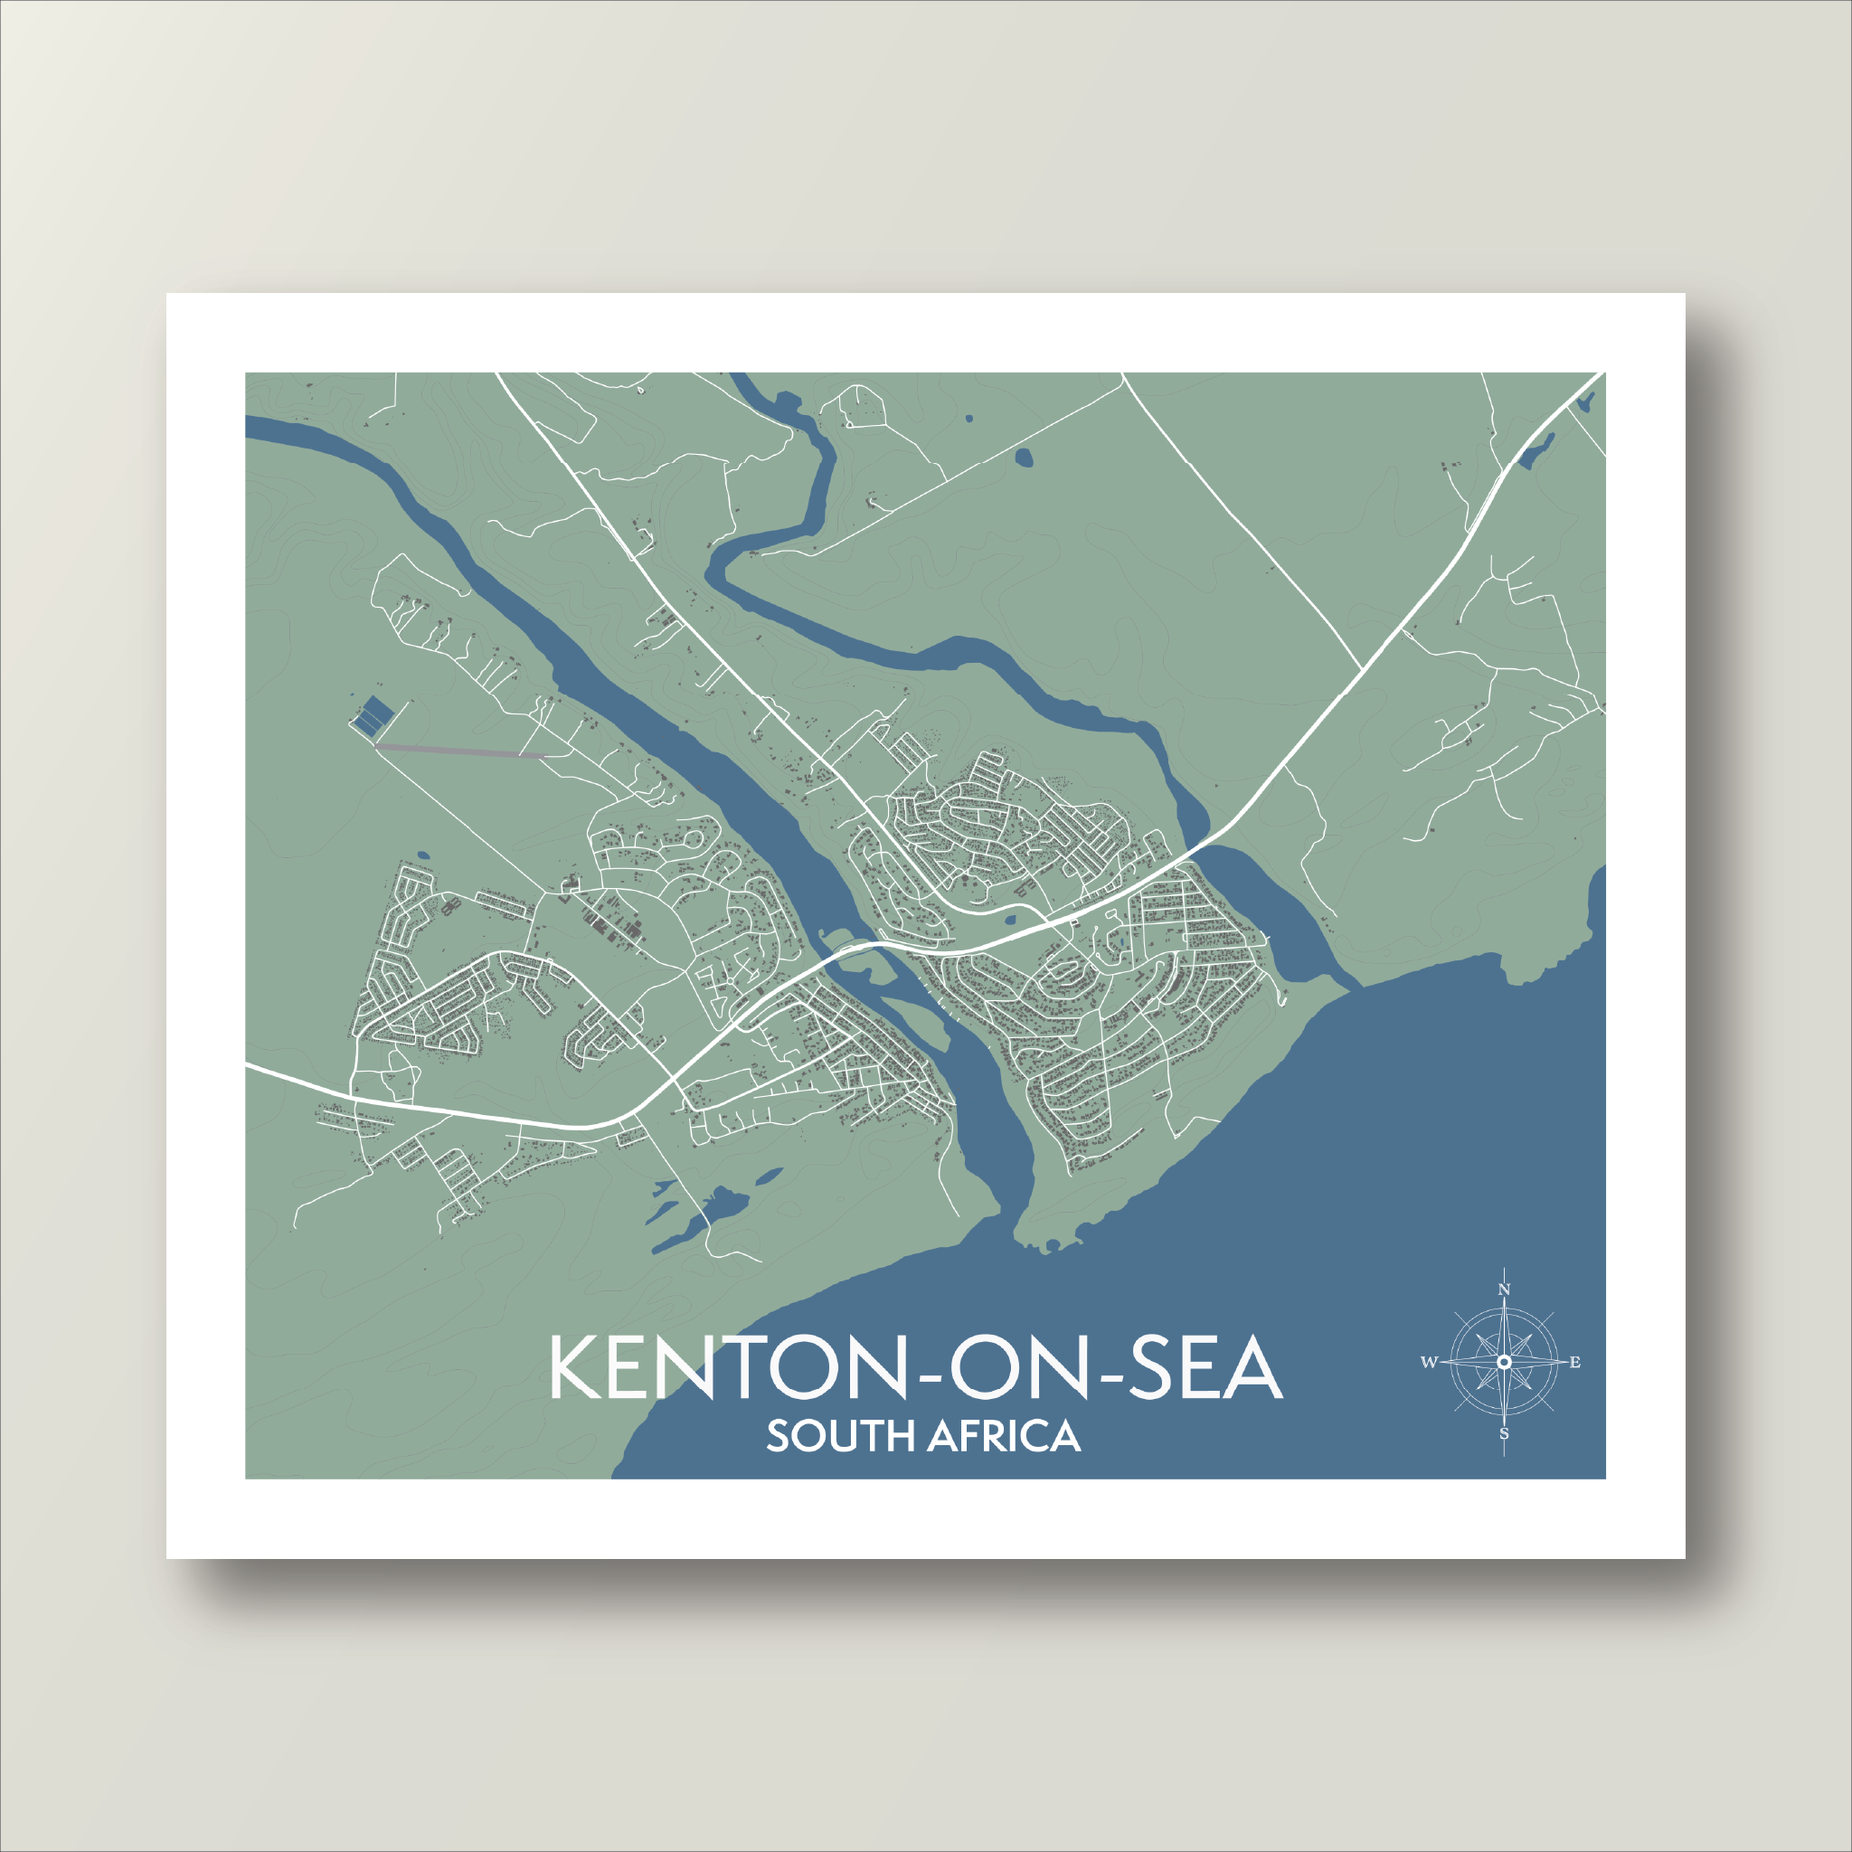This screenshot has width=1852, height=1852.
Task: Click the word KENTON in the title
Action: (x=729, y=1367)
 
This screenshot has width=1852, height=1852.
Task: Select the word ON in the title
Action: (x=1019, y=1367)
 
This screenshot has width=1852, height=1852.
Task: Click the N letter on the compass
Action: (x=1504, y=1290)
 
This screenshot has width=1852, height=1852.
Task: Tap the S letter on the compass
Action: (x=1504, y=1435)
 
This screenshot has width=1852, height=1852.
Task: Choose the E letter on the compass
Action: (x=1575, y=1362)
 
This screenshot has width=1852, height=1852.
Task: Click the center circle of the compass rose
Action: (x=1504, y=1362)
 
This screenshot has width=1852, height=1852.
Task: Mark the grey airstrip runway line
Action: (x=460, y=750)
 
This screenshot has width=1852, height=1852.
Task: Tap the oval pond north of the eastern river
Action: (x=1024, y=458)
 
